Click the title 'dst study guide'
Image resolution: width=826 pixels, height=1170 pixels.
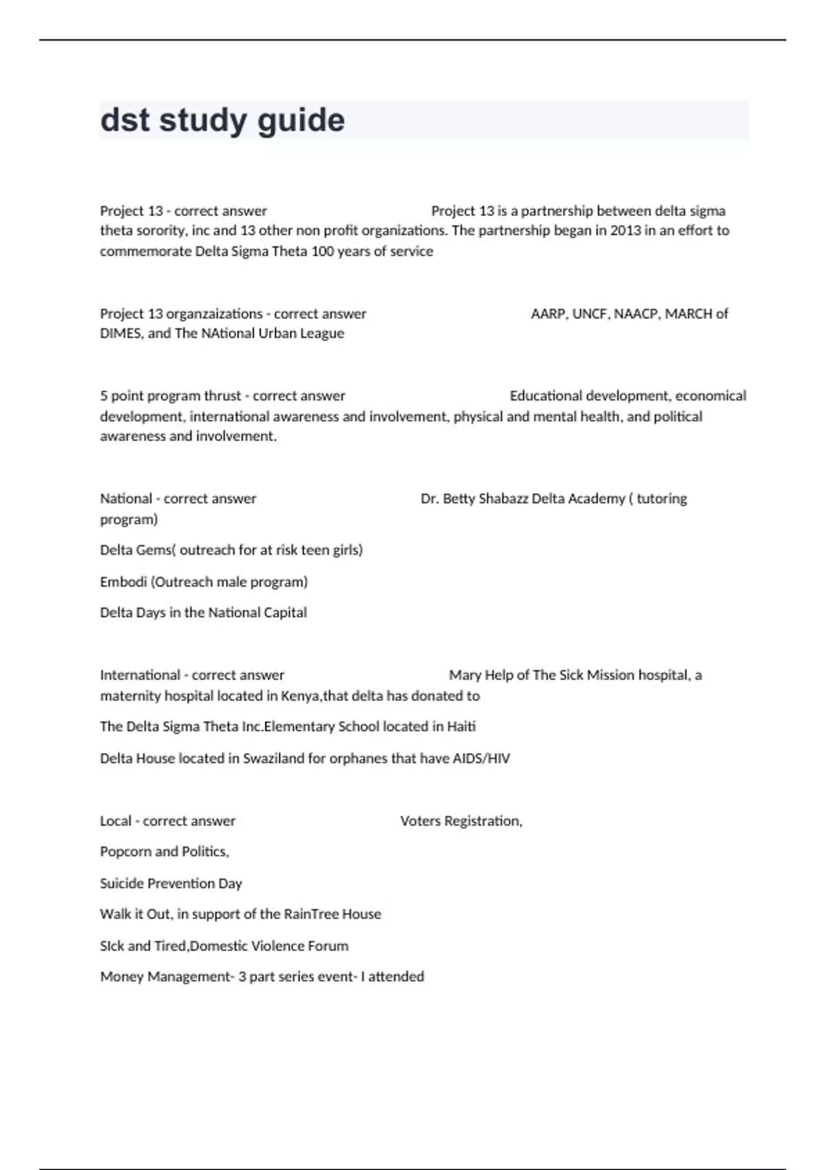click(x=222, y=120)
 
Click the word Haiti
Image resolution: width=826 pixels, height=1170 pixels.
click(x=461, y=727)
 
